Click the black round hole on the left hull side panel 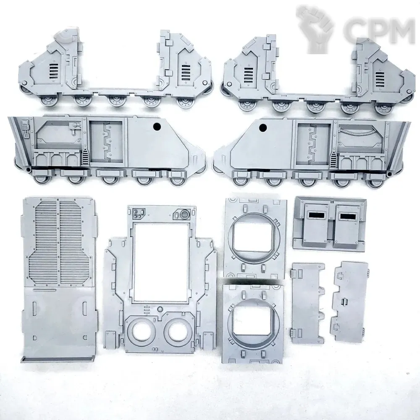pos(157,126)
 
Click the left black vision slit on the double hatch pos(316,214)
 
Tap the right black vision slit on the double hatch pos(347,216)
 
